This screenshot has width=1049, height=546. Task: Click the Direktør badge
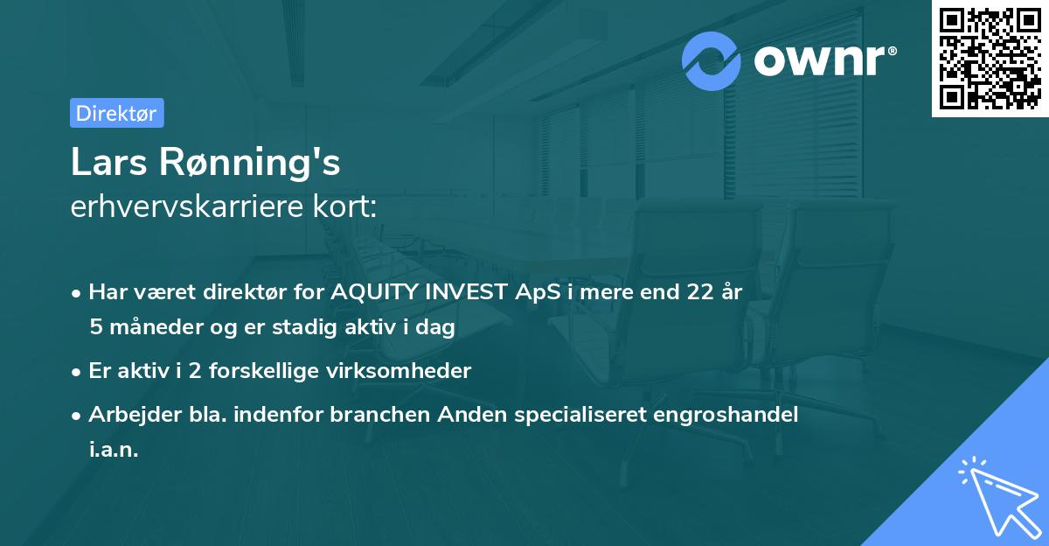pos(116,113)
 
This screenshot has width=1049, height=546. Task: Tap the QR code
pos(990,59)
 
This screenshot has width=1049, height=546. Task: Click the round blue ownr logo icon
pos(712,61)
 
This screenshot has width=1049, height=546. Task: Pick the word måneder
pos(149,327)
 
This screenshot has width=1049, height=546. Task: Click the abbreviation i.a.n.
pos(114,450)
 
